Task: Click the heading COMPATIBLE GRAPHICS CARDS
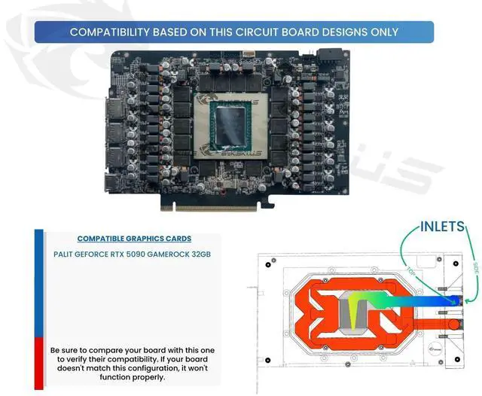pyautogui.click(x=134, y=239)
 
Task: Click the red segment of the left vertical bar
pyautogui.click(x=38, y=361)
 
